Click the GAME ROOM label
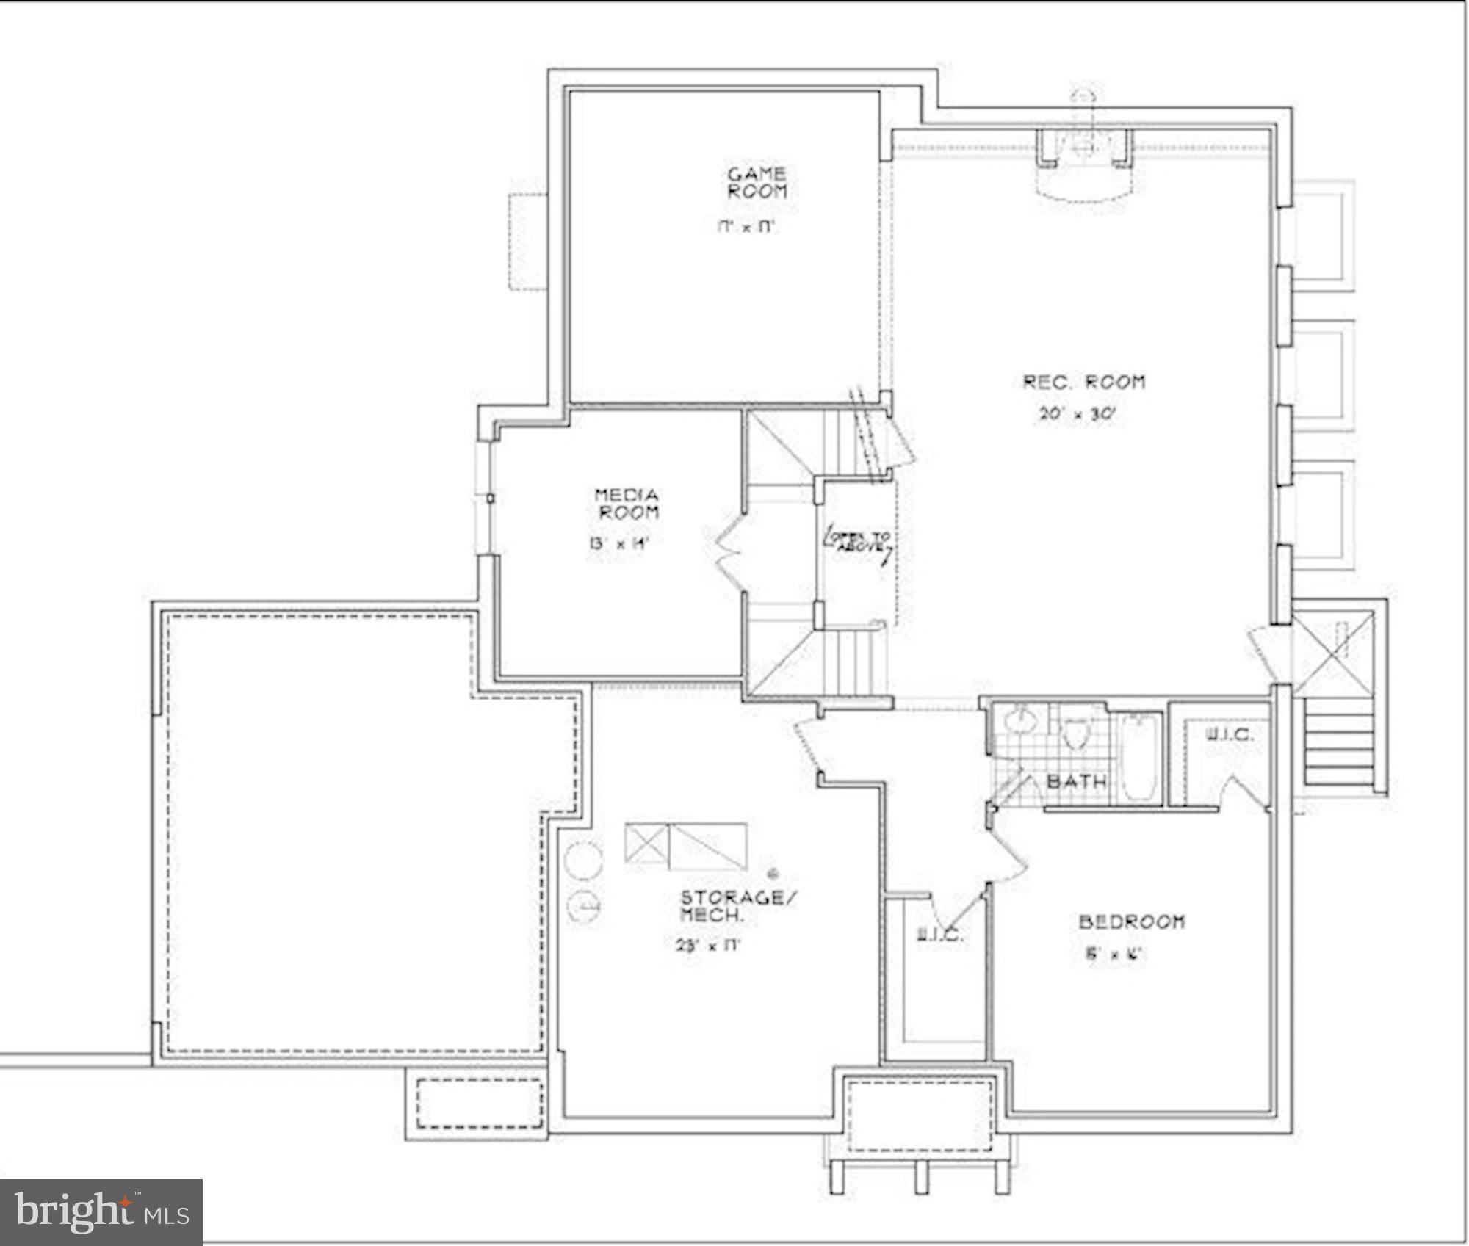[x=757, y=183]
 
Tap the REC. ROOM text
[x=1084, y=382]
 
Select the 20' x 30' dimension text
[x=1077, y=414]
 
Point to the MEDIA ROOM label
[x=627, y=504]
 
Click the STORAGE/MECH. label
[x=737, y=906]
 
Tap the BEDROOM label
[x=1131, y=921]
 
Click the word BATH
[x=1076, y=781]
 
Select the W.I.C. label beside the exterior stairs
[x=1230, y=734]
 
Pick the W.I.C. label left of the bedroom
[x=939, y=935]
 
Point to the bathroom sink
[x=1019, y=721]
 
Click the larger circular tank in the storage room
[x=585, y=860]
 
